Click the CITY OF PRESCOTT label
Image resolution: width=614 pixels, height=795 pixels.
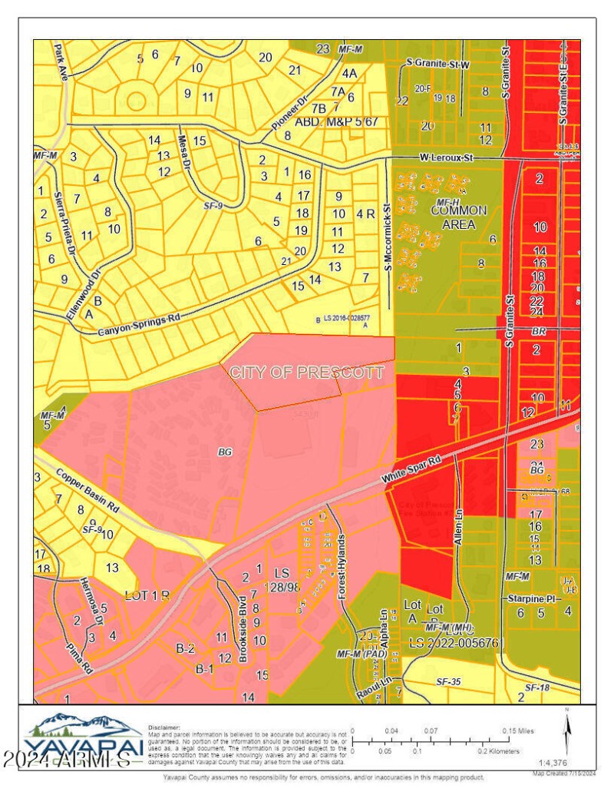[x=307, y=373]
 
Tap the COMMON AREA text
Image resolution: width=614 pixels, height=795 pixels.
[x=458, y=217]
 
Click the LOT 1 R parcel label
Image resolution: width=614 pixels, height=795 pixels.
[x=147, y=595]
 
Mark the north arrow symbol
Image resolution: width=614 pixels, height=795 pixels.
[x=566, y=732]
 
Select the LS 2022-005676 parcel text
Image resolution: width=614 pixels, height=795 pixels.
[x=454, y=641]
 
